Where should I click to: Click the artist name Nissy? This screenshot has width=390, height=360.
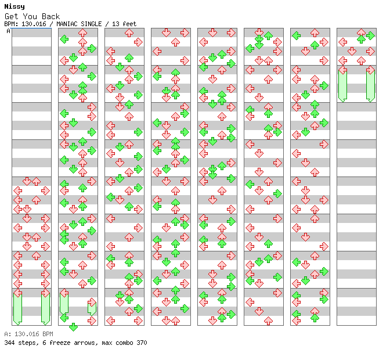point(15,7)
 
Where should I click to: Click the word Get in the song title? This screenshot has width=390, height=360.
point(12,16)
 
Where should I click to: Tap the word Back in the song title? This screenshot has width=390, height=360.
point(50,16)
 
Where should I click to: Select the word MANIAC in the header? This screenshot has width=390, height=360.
point(67,24)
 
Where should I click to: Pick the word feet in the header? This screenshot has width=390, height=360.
point(129,24)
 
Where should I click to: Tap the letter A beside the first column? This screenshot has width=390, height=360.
point(9,31)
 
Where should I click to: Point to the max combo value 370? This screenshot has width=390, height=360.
point(142,343)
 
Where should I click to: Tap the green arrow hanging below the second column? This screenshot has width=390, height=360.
point(73,327)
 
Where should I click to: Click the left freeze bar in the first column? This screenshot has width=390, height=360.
point(17,308)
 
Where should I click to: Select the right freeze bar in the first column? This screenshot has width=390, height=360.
point(45,308)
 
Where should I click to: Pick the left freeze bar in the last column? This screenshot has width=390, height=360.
point(343,85)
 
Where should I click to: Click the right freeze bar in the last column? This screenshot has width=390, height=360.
point(371,85)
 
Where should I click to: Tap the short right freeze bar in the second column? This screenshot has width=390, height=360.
point(92,308)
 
